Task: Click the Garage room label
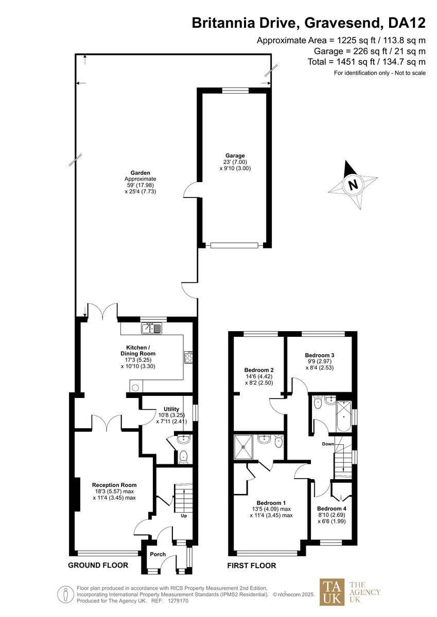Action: pos(235,155)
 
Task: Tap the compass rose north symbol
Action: pos(353,184)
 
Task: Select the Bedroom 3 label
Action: pos(320,355)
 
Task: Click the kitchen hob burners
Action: pos(189,357)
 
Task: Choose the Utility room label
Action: pos(171,409)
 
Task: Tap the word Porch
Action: pos(158,554)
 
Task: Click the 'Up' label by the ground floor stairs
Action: pos(183,515)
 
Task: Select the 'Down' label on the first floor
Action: pos(328,444)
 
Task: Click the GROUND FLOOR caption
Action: pos(98,566)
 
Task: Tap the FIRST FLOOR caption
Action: pos(252,566)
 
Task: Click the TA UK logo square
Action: pos(332,592)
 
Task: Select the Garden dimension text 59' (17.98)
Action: pos(140,185)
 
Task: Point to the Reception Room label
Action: pos(114,485)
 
